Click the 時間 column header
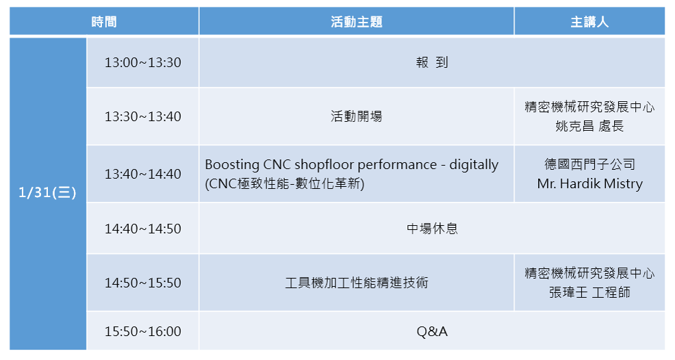point(104,21)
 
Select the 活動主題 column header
point(357,21)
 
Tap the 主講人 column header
point(589,21)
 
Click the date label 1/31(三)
point(47,192)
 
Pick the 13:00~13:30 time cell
point(143,62)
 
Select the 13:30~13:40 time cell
point(143,116)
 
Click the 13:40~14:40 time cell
point(143,174)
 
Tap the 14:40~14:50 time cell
point(143,228)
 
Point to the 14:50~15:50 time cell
point(143,283)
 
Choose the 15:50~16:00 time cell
point(143,331)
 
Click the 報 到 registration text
point(432,62)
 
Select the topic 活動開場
point(357,116)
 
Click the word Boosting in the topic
point(232,164)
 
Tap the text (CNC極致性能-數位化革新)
point(285,184)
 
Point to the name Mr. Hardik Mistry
point(589,184)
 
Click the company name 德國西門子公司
point(589,164)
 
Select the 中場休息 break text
point(432,228)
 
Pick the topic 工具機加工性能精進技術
point(357,283)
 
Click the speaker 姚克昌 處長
point(589,126)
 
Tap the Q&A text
point(432,331)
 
